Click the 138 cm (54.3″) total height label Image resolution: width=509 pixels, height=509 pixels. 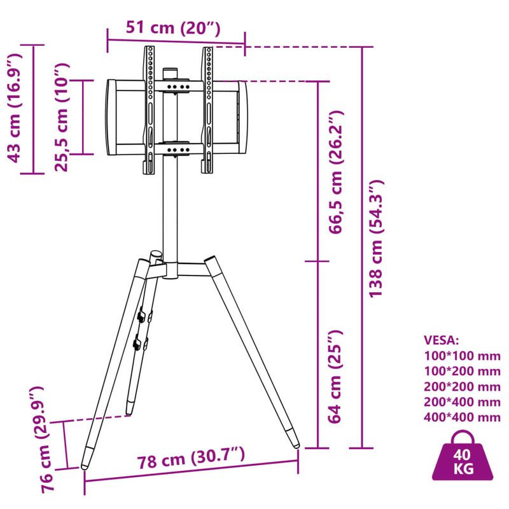click(x=377, y=238)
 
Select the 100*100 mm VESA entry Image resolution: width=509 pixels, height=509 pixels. click(x=462, y=356)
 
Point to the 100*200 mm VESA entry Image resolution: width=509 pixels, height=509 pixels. click(x=462, y=371)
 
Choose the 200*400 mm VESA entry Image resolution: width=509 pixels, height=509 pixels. click(x=462, y=402)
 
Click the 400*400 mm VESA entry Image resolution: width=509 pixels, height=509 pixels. click(x=462, y=417)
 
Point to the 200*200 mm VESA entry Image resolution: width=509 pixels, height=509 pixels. click(x=462, y=387)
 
